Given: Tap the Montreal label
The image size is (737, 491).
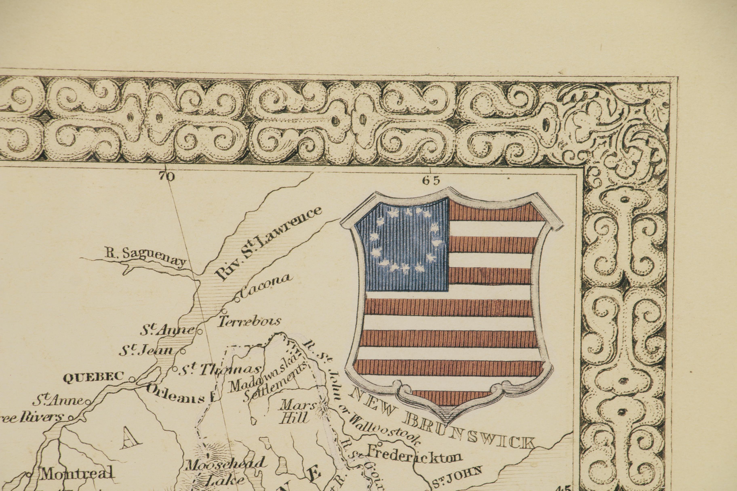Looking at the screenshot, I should pos(77,473).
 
